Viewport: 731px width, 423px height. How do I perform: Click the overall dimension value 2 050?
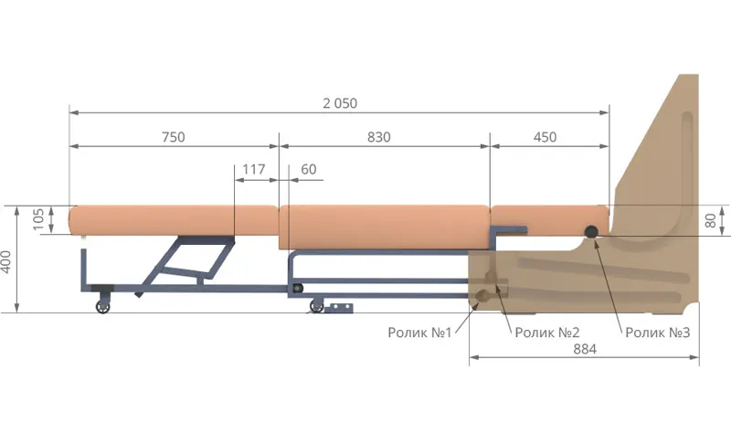pyautogui.click(x=340, y=103)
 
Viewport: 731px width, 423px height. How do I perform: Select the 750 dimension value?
pyautogui.click(x=174, y=137)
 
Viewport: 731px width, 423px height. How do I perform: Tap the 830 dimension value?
pyautogui.click(x=378, y=137)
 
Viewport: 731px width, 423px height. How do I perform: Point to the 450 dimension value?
pyautogui.click(x=545, y=137)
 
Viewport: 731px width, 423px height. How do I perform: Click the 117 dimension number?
pyautogui.click(x=254, y=169)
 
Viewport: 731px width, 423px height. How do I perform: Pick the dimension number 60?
pyautogui.click(x=309, y=169)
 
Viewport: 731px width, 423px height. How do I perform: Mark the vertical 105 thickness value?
pyautogui.click(x=38, y=219)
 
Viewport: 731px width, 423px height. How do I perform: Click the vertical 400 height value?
pyautogui.click(x=6, y=261)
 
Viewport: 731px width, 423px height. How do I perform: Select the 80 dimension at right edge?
pyautogui.click(x=710, y=220)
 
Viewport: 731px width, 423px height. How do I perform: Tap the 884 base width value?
pyautogui.click(x=585, y=349)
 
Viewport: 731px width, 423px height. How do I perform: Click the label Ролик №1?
pyautogui.click(x=419, y=333)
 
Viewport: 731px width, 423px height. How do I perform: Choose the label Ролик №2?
pyautogui.click(x=546, y=333)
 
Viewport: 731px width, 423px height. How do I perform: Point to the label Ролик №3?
pyautogui.click(x=657, y=333)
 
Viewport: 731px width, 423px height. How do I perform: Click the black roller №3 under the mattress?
pyautogui.click(x=591, y=231)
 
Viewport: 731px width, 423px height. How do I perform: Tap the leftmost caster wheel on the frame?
pyautogui.click(x=102, y=306)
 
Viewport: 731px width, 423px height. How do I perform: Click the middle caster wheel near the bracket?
pyautogui.click(x=317, y=306)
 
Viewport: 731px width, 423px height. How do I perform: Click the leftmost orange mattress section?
pyautogui.click(x=174, y=219)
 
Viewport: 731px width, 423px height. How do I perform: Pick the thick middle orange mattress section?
pyautogui.click(x=384, y=227)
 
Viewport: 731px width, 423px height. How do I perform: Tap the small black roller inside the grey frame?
pyautogui.click(x=298, y=289)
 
